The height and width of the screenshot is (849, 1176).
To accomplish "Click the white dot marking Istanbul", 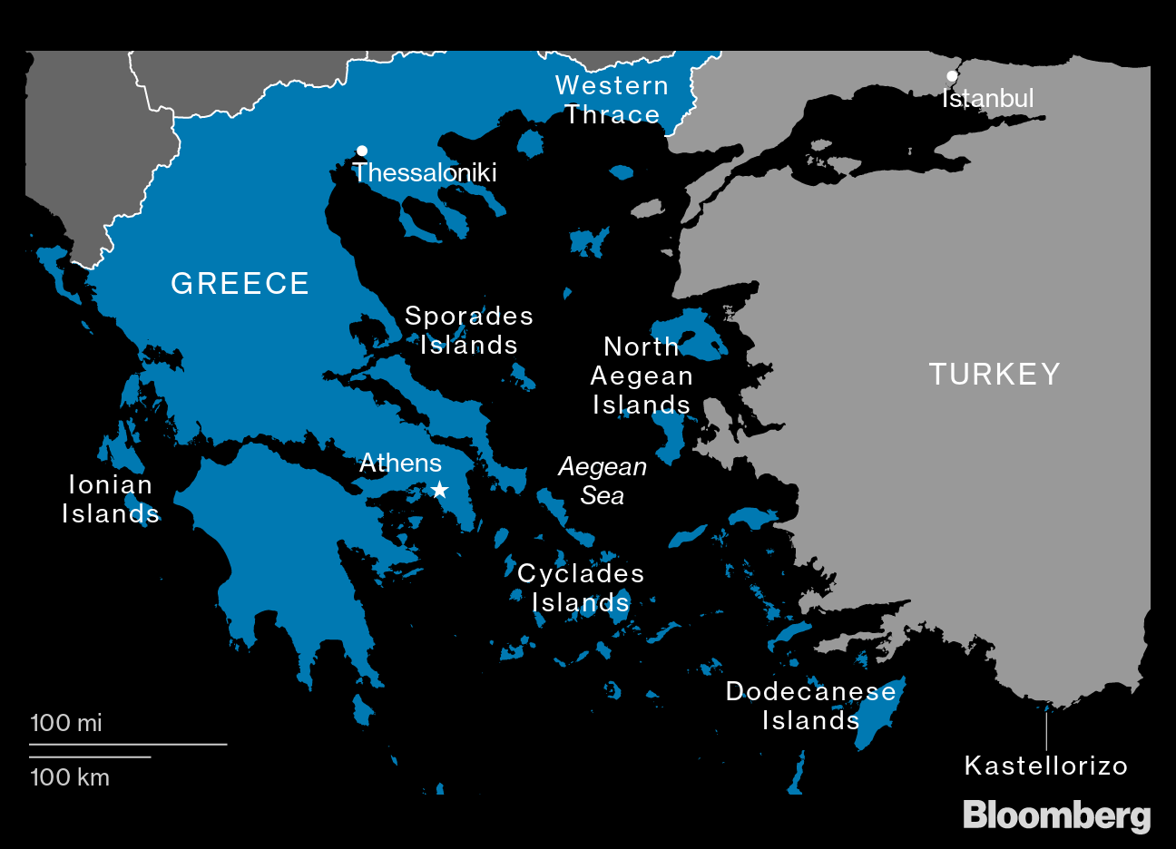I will click(952, 76).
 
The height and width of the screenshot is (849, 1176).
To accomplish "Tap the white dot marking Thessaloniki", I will click(362, 151).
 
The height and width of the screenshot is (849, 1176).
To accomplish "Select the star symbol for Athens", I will click(439, 491).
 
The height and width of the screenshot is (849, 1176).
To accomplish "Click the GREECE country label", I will click(240, 284).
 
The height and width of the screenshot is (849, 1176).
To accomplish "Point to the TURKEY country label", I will click(995, 375).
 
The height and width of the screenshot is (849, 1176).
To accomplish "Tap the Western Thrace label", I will click(612, 100).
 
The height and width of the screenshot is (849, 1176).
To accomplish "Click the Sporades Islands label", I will click(469, 330).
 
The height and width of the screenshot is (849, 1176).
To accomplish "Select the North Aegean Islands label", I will click(642, 376).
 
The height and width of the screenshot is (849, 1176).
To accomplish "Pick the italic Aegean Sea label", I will click(603, 481).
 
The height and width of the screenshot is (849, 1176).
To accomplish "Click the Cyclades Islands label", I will click(581, 588).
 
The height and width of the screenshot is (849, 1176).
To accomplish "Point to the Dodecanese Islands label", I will click(811, 706).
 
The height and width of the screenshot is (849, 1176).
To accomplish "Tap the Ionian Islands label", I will click(111, 499).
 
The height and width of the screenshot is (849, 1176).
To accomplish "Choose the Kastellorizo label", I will click(1045, 766).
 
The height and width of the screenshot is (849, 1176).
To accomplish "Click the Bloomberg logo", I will click(1056, 815).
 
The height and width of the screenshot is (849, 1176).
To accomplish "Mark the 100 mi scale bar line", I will click(127, 744).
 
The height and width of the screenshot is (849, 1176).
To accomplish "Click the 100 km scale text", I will click(70, 777).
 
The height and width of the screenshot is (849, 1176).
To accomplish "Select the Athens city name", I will click(400, 464).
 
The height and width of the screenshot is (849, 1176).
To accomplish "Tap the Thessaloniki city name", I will click(425, 172).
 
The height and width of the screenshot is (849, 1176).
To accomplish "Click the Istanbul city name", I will click(987, 98).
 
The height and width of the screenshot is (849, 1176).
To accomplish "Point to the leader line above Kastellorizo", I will click(1046, 730).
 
